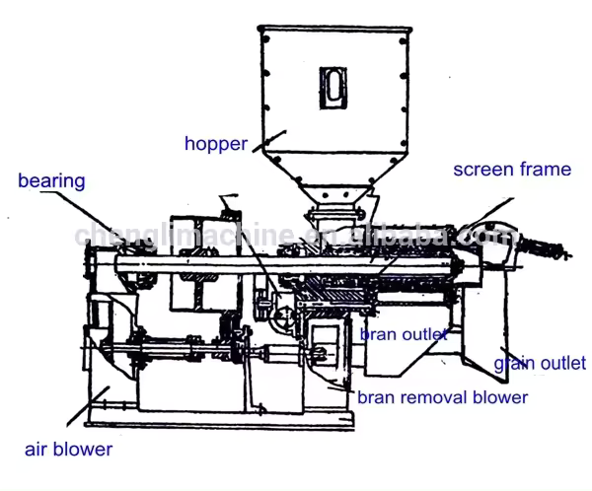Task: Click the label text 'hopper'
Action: pyautogui.click(x=215, y=144)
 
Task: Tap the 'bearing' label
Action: pyautogui.click(x=51, y=181)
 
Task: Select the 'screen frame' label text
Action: pyautogui.click(x=512, y=170)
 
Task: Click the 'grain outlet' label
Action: pyautogui.click(x=540, y=364)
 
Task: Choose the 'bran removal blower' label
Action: pyautogui.click(x=442, y=397)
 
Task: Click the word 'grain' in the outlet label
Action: pyautogui.click(x=515, y=364)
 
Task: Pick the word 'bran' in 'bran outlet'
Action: pyautogui.click(x=377, y=334)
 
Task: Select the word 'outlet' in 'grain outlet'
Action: pyautogui.click(x=563, y=364)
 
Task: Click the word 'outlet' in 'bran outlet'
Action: pyautogui.click(x=423, y=334)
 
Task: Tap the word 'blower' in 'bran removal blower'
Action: pyautogui.click(x=502, y=397)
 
